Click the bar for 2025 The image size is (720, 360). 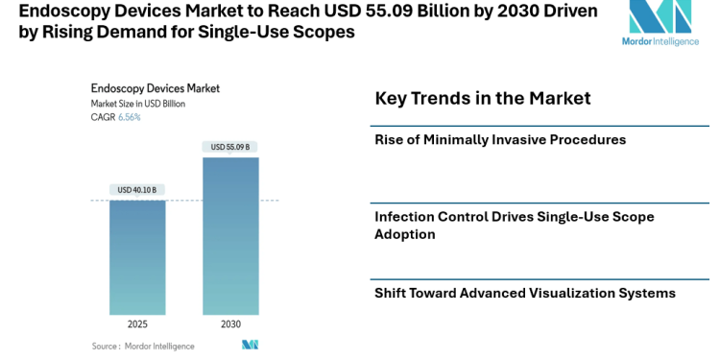point(137,257)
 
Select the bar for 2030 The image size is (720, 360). point(230,235)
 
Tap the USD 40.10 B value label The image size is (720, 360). point(137,190)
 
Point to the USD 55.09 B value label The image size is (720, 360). point(230,147)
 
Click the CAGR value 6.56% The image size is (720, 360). point(129,117)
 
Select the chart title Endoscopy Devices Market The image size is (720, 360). point(155,88)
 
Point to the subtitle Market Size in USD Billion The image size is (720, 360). point(138,104)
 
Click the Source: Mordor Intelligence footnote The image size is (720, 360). point(143,346)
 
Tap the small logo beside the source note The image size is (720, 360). point(250,345)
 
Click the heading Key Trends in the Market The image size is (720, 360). point(482,98)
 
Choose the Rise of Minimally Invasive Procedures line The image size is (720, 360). point(500,140)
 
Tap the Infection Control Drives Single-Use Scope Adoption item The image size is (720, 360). point(514,226)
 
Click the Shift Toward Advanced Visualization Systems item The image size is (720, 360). point(524,293)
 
